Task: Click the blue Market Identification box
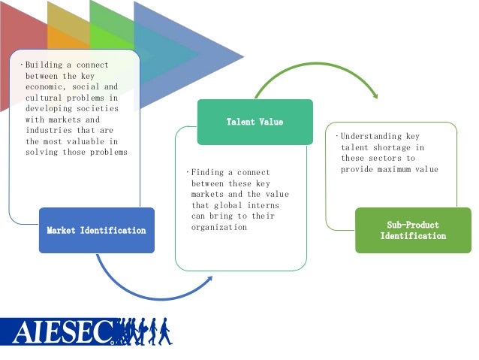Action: tap(96, 230)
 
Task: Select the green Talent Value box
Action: tap(255, 121)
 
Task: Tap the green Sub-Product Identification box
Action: tap(412, 230)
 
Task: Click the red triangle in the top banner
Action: tap(23, 30)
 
